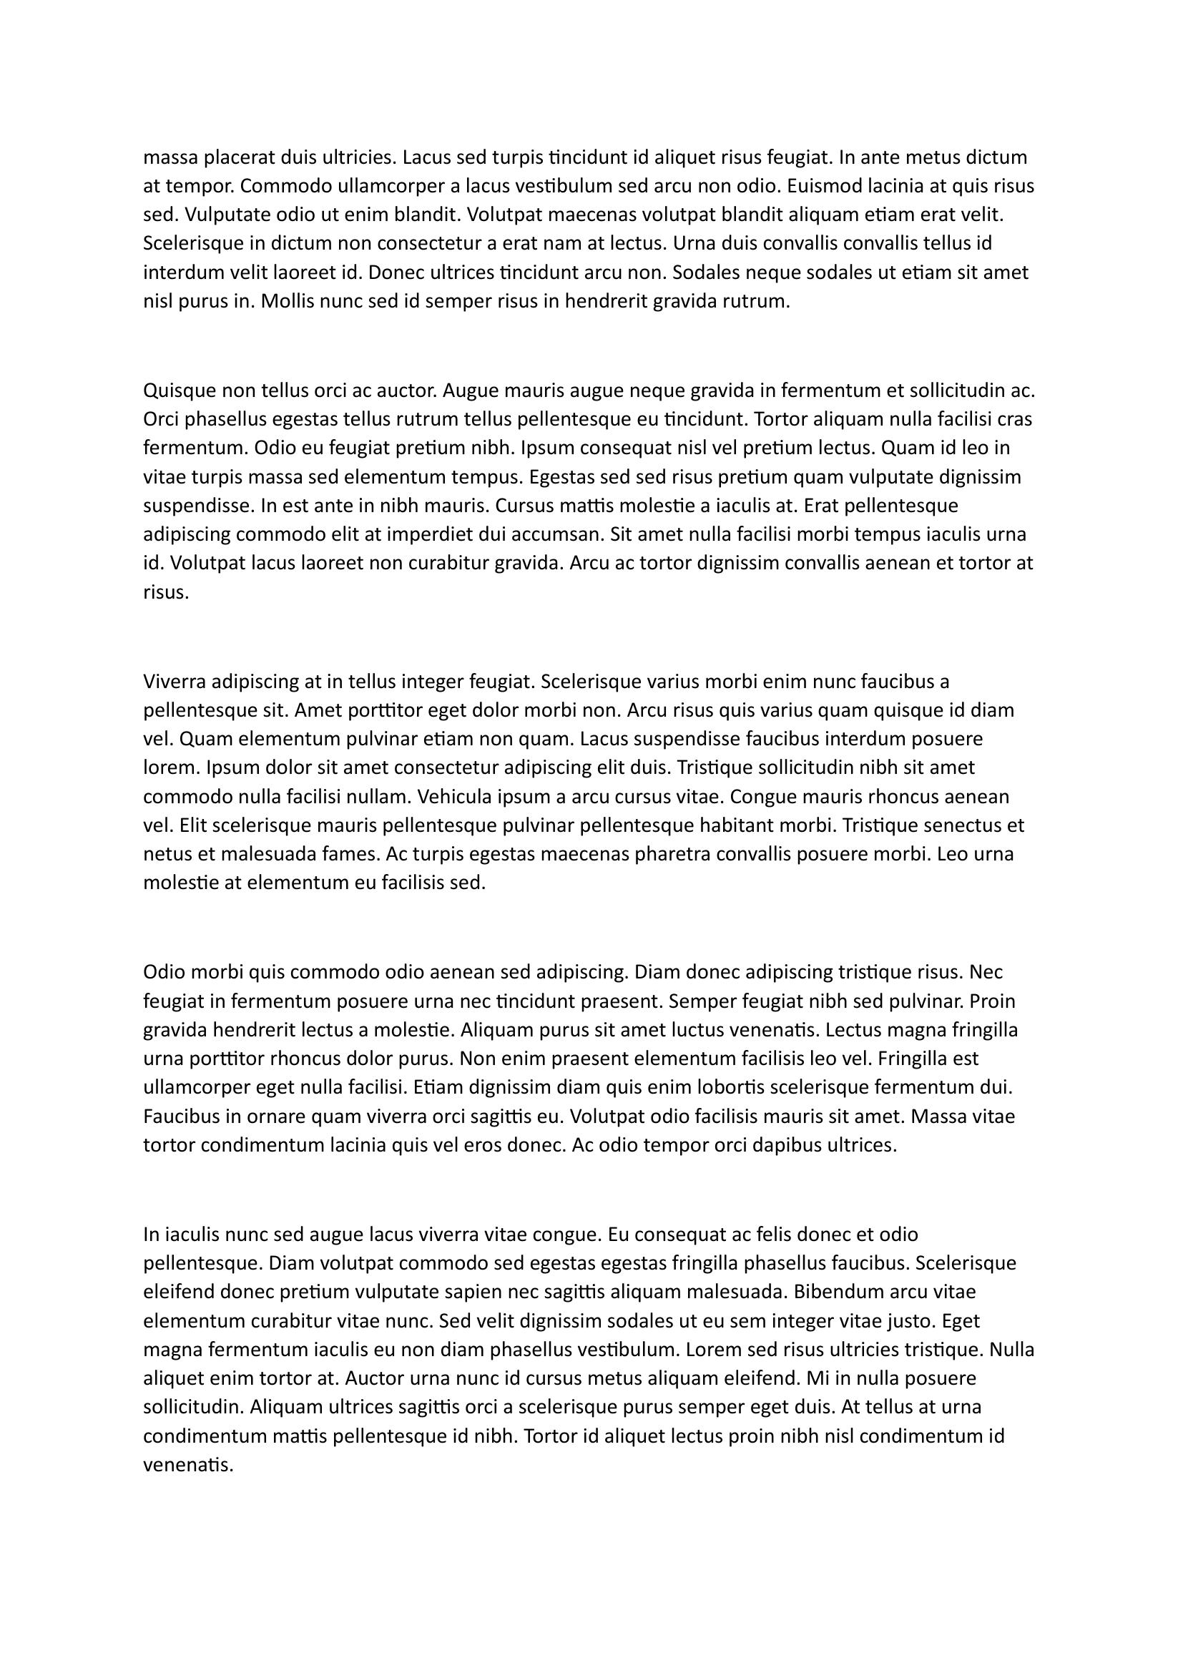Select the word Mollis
pyautogui.click(x=288, y=301)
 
